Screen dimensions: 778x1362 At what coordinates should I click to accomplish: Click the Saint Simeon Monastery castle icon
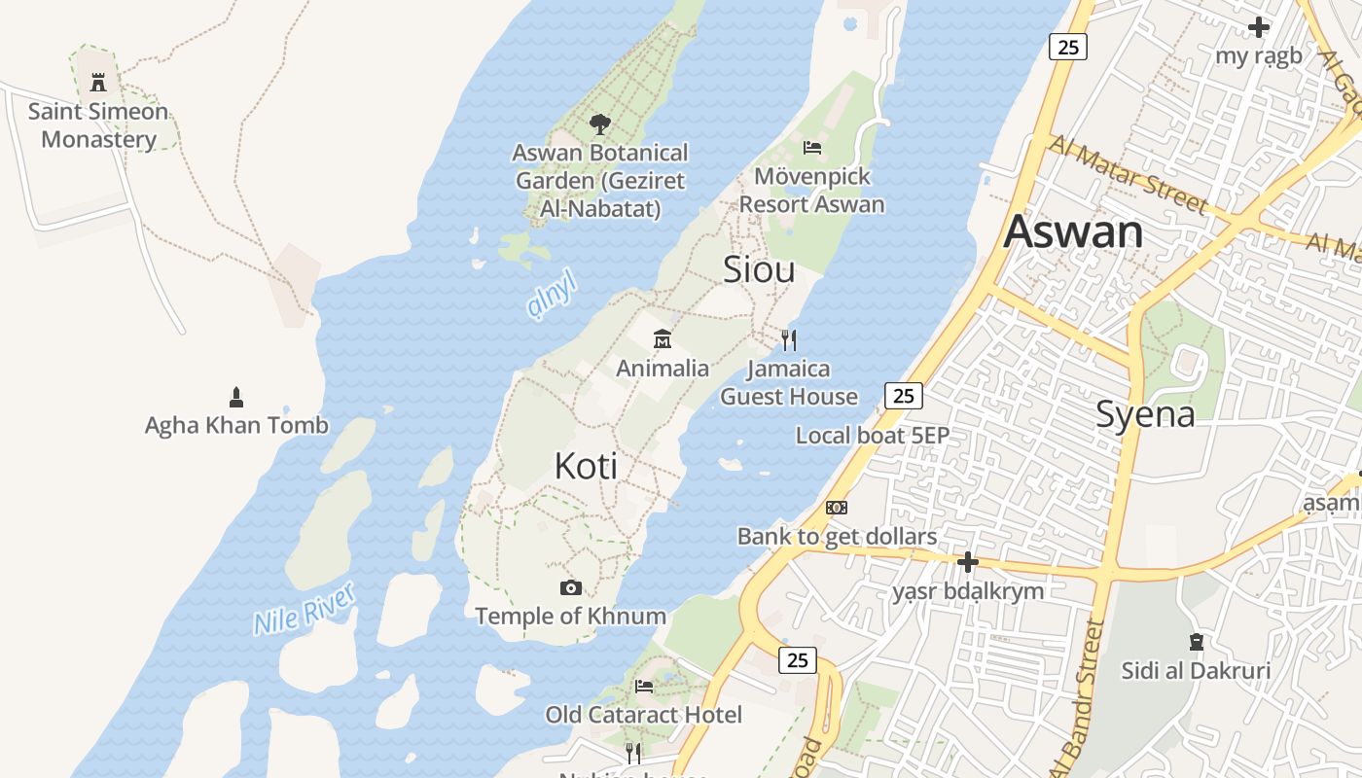click(98, 83)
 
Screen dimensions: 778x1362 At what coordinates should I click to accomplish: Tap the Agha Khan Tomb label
click(236, 425)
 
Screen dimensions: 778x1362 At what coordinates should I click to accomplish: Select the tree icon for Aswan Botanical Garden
click(600, 124)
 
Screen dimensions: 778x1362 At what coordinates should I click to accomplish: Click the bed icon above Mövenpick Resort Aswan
click(812, 148)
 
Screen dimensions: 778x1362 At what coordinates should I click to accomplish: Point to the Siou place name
click(759, 269)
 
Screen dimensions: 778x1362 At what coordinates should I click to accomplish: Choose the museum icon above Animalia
click(663, 339)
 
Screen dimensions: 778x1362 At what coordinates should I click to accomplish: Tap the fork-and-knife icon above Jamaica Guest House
click(789, 339)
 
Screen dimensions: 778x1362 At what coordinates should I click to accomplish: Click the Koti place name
click(586, 466)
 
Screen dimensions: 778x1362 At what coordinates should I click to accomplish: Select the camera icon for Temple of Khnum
click(571, 587)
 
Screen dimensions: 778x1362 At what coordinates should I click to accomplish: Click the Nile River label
click(304, 608)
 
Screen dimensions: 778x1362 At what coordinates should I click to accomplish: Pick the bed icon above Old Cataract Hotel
click(644, 686)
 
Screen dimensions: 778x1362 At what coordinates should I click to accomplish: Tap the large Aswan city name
click(1073, 231)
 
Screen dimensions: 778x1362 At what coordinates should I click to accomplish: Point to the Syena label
click(1145, 414)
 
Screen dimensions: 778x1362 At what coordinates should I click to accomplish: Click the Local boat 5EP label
click(872, 436)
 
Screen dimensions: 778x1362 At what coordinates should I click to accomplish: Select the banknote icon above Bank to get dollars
click(837, 508)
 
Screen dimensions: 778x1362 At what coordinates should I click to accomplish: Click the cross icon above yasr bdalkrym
click(967, 562)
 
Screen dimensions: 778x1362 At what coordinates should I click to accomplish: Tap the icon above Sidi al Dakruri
click(1196, 642)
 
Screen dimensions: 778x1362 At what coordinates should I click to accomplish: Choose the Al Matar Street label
click(1129, 172)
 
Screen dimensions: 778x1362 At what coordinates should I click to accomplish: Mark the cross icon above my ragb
click(1259, 27)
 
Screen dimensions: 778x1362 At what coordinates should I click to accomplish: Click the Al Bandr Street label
click(1079, 695)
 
